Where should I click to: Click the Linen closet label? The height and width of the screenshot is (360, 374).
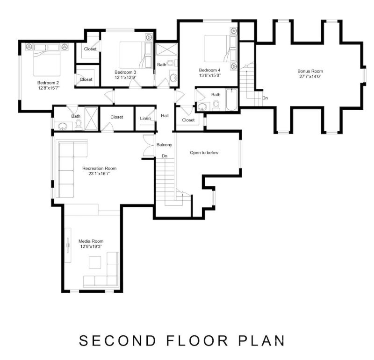click(145, 118)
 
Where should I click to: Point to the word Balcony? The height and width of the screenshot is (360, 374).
click(164, 145)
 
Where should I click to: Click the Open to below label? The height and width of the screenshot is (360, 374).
click(204, 153)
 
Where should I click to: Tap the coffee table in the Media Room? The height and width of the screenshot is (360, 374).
click(95, 263)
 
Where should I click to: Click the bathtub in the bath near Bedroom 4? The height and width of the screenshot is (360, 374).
click(232, 100)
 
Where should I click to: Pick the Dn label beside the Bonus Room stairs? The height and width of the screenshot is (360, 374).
click(265, 98)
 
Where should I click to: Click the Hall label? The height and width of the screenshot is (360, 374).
click(165, 115)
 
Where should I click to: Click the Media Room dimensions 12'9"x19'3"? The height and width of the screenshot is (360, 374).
click(91, 246)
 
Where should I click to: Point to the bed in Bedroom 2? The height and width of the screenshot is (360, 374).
click(47, 61)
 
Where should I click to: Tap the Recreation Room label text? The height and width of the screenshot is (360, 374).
click(99, 168)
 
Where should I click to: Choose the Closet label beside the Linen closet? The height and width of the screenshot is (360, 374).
click(117, 117)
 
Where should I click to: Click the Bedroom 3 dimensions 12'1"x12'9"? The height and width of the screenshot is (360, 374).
click(125, 78)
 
